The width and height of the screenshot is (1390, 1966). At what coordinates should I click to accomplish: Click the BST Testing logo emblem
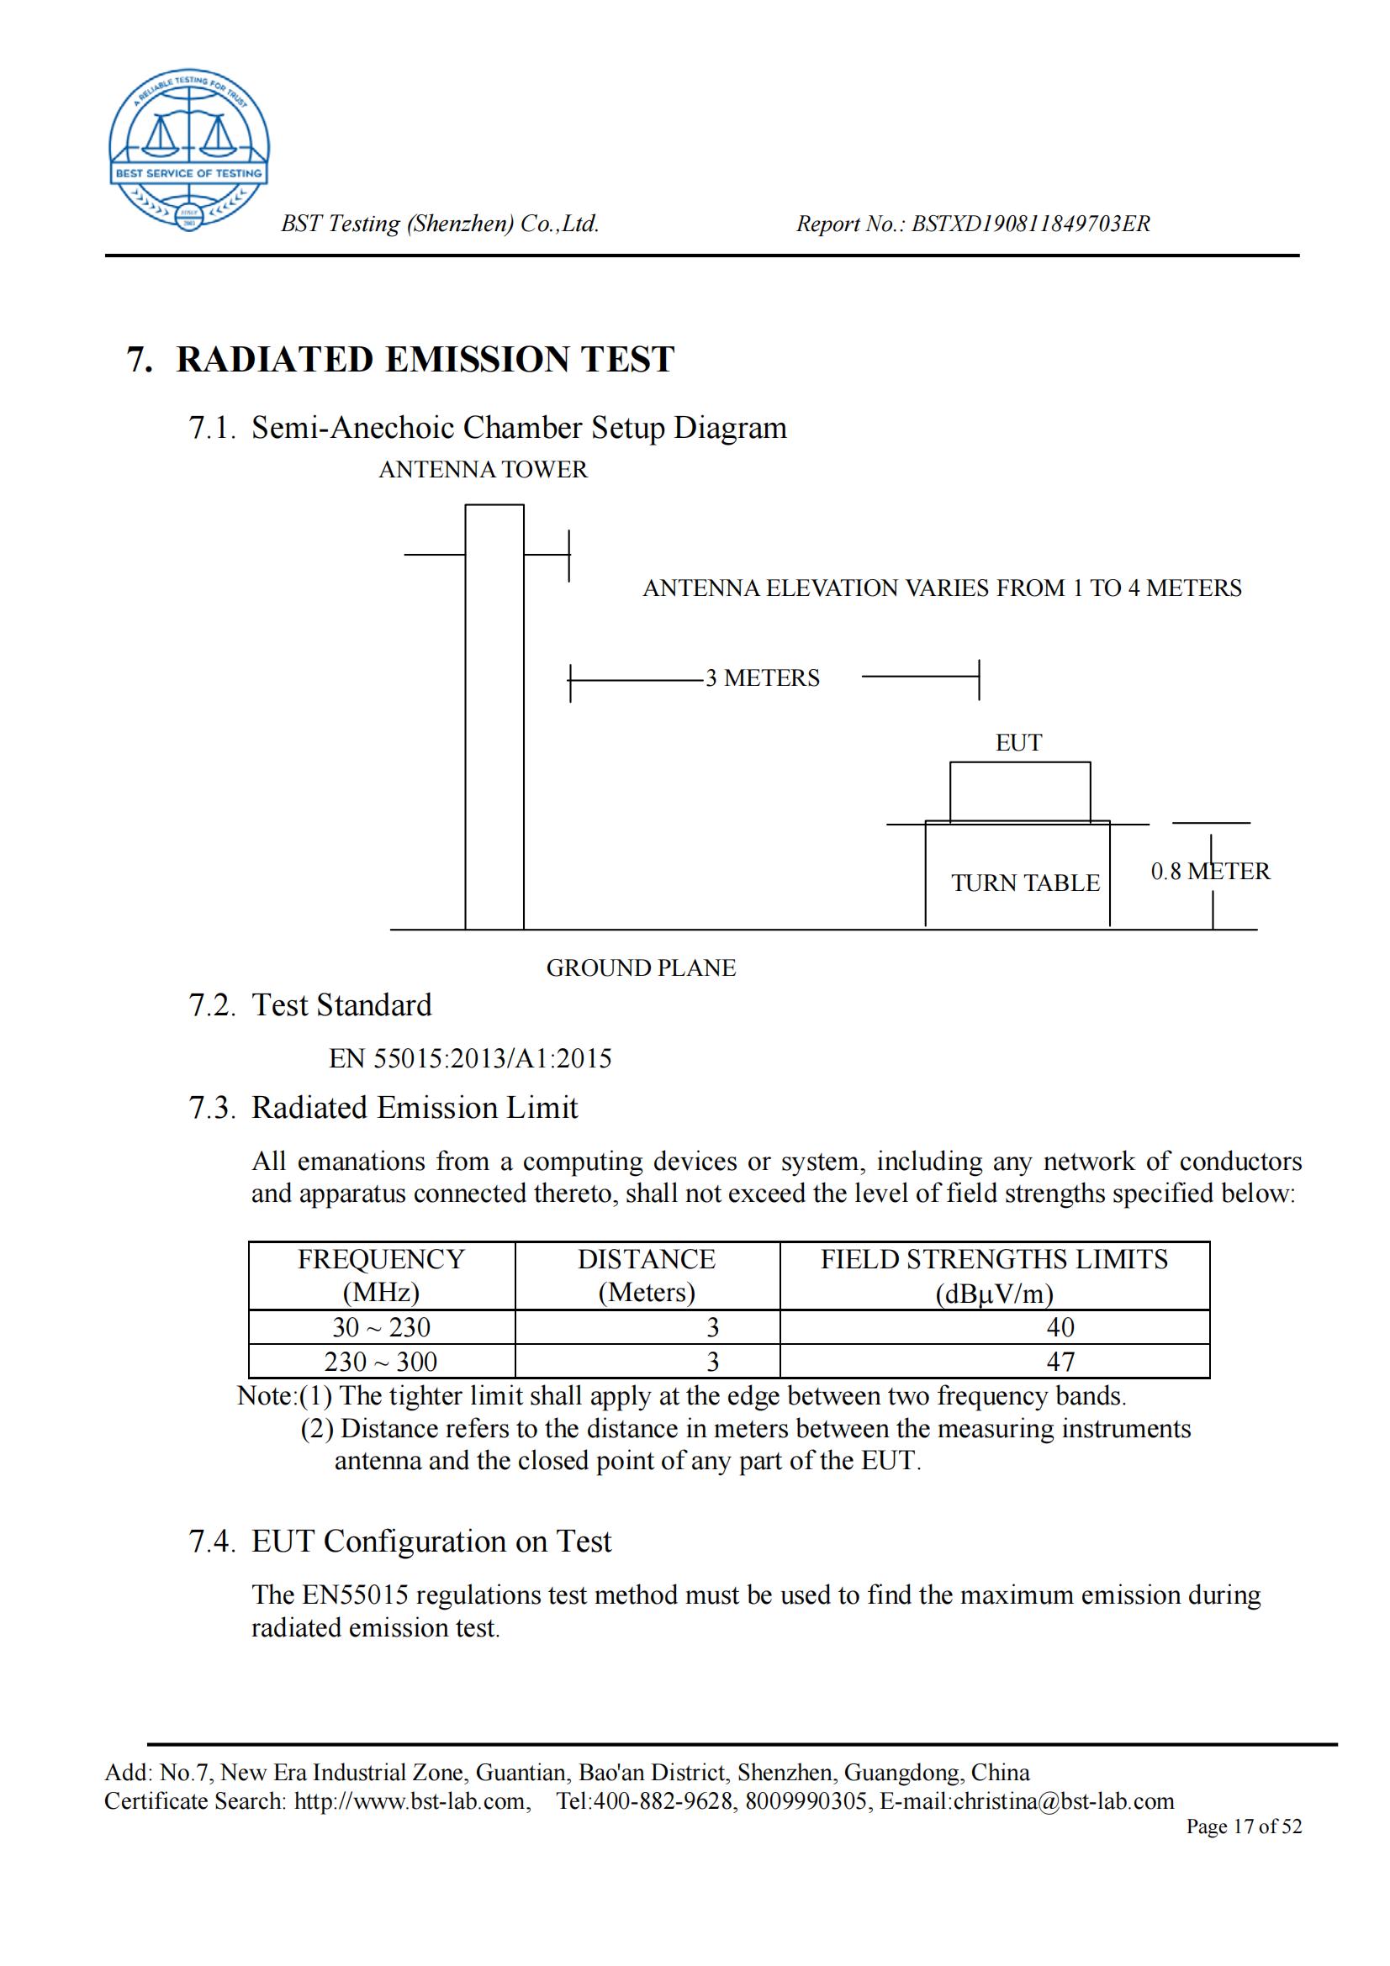(188, 150)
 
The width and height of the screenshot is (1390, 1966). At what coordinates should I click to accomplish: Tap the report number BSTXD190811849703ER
(1030, 224)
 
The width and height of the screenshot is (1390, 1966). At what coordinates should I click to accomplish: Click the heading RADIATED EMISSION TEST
(425, 360)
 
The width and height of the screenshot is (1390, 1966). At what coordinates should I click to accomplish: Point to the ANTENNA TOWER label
(483, 470)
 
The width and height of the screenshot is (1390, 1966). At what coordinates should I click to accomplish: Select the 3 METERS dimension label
(762, 678)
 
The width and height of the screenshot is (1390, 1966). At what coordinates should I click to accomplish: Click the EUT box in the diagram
(1019, 792)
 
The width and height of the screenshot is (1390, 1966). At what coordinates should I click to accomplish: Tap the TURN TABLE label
(1024, 883)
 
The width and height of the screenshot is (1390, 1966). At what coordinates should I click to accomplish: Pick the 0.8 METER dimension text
(1209, 872)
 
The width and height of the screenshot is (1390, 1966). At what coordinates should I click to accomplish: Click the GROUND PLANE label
(641, 968)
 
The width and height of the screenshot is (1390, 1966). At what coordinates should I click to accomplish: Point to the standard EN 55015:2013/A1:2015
(470, 1059)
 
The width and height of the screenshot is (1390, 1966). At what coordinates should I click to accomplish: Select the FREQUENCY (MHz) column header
(381, 1275)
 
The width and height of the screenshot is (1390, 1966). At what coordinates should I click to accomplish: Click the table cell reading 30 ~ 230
(381, 1327)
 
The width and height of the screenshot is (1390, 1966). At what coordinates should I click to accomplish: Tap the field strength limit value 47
(1060, 1362)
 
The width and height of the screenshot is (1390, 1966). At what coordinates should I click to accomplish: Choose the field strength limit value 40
(1060, 1327)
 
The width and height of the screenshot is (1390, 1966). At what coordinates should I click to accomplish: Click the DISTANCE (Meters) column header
(647, 1275)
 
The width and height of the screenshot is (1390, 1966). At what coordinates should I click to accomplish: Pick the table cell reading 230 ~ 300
(381, 1362)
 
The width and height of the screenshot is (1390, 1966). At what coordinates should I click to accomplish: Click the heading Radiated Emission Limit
(415, 1108)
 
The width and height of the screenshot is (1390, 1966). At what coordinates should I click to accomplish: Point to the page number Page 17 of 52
(1244, 1826)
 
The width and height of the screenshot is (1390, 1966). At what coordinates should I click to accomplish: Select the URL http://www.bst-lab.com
(410, 1801)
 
